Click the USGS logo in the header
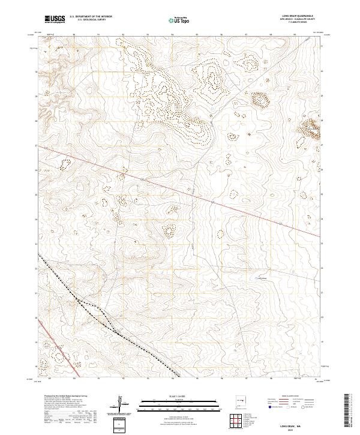coord(54,20)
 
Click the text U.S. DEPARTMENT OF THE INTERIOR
coord(91,17)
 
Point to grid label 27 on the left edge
coord(37,146)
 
